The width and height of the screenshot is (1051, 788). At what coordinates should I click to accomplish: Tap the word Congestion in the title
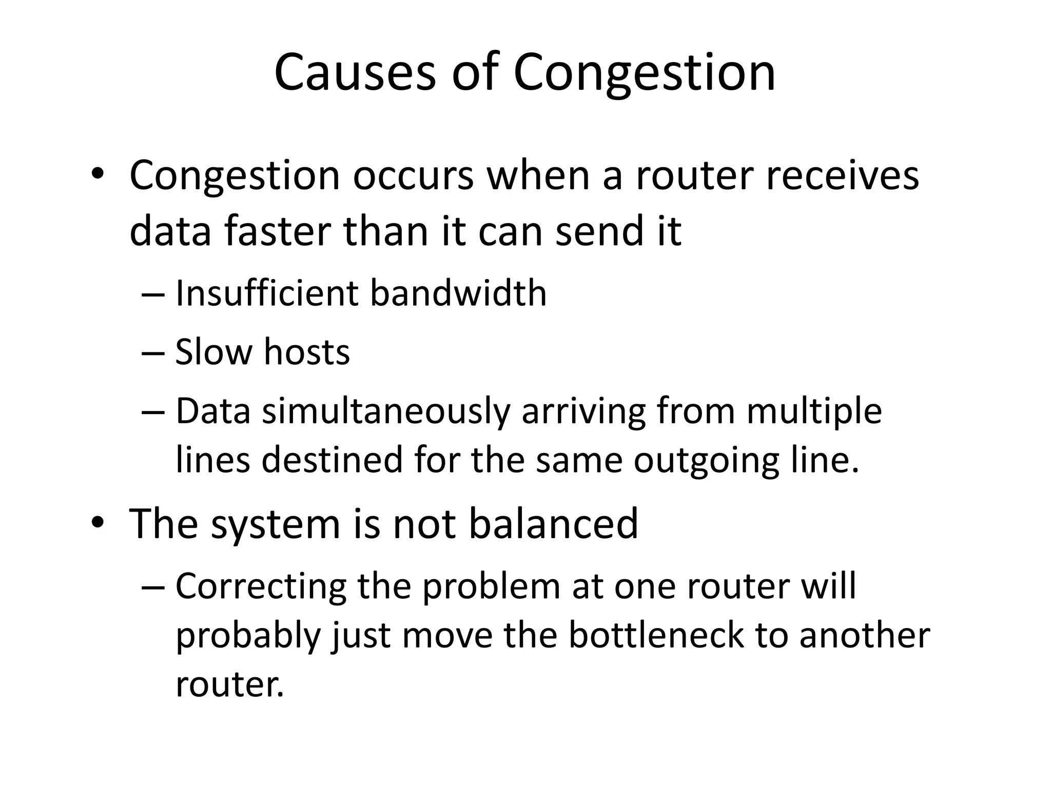644,73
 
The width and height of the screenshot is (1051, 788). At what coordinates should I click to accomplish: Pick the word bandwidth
458,293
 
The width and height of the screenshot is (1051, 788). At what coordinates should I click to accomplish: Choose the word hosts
306,352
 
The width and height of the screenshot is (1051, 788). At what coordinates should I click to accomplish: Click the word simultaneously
386,411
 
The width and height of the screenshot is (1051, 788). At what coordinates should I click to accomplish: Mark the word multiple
814,411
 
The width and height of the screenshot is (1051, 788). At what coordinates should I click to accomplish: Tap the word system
276,524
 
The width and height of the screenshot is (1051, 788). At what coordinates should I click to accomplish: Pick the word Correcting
261,586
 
